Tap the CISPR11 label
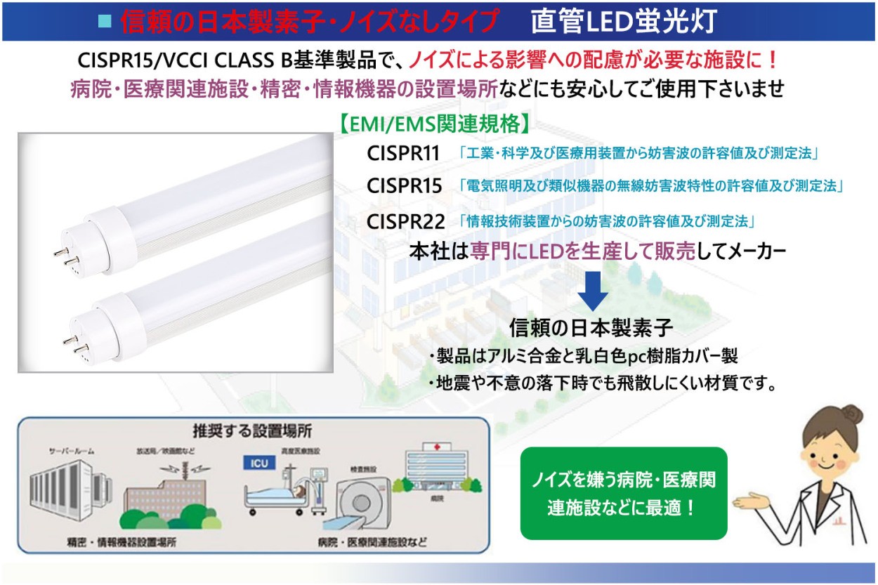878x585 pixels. click(403, 153)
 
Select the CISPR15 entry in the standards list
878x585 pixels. click(404, 186)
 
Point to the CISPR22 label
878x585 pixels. click(405, 222)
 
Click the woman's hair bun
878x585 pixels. click(852, 414)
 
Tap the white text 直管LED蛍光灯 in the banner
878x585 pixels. click(624, 21)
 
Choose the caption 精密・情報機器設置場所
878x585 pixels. click(122, 542)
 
